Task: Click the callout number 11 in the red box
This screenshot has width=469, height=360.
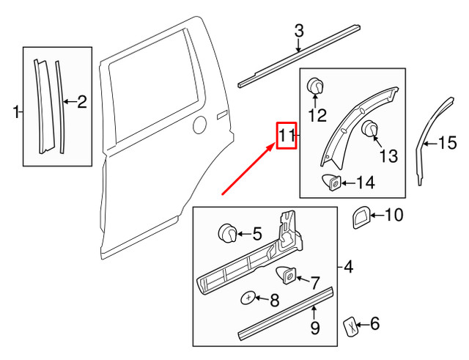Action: point(285,136)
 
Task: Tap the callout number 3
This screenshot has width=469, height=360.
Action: point(298,31)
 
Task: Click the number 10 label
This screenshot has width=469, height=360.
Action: point(394,215)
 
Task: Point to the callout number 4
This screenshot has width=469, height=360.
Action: point(348,268)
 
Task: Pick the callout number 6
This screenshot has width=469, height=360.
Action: point(374,323)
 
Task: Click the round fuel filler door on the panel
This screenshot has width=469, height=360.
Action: point(198,126)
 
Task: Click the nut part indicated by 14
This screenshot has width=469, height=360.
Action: point(331,182)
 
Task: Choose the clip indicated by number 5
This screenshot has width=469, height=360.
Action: point(227,235)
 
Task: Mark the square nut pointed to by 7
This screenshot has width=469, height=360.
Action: point(286,276)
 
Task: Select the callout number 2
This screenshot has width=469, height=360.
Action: point(82,103)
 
